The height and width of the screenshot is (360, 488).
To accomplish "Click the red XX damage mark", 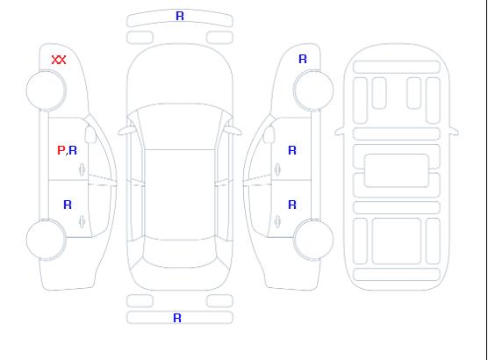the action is tap(59, 60).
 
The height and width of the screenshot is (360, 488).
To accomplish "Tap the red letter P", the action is tap(61, 150).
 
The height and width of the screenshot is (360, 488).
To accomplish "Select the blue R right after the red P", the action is tap(73, 150).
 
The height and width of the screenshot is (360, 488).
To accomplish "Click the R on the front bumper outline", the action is tap(180, 16).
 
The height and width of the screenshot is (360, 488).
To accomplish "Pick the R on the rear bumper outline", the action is tap(177, 318).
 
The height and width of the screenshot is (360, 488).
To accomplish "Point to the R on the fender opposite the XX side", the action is tap(303, 59).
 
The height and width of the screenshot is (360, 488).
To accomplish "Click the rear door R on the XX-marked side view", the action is tap(68, 205).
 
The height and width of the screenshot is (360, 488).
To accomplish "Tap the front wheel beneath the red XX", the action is tap(46, 90).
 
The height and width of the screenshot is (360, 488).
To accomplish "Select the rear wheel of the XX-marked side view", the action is tap(46, 240).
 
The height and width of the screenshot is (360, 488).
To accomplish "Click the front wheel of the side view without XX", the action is tap(313, 90).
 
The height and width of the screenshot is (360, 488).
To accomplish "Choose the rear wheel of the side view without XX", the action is tap(313, 240).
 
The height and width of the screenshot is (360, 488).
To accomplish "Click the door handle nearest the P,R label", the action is tap(83, 169).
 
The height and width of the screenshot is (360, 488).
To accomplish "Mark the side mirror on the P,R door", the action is tap(90, 134).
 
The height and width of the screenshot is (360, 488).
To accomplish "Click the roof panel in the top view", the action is tap(180, 195).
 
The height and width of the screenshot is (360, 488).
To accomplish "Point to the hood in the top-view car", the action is tap(180, 75).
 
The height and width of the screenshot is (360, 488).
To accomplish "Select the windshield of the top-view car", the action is tap(180, 126).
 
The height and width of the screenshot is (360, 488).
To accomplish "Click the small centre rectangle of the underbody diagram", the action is tap(397, 170).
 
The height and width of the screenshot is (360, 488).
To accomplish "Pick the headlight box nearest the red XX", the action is tap(140, 38).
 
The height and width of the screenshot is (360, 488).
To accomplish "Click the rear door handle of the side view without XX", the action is tap(277, 221).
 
